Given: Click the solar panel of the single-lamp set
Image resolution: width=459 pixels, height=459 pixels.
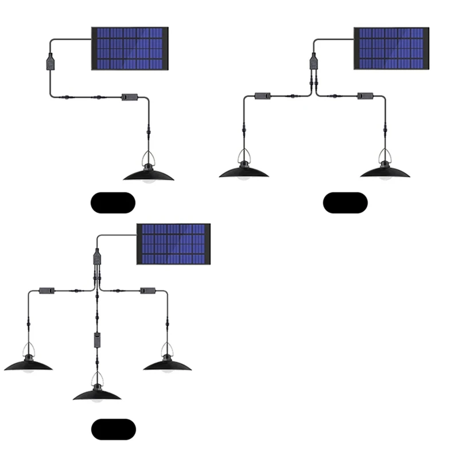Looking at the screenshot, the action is [x=130, y=49].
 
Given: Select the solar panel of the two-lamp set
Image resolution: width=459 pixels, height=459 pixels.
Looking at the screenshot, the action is [x=391, y=49].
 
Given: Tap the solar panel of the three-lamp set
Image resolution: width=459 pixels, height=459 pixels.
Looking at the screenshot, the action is [x=173, y=244].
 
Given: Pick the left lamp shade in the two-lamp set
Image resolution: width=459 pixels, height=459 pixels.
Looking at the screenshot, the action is [x=243, y=171].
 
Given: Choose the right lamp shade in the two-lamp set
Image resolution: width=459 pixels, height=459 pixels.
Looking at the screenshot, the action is [x=385, y=171].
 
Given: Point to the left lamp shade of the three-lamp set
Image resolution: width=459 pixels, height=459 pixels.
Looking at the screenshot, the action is [x=28, y=365].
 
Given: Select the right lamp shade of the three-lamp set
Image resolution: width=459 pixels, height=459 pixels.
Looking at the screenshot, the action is [x=166, y=365].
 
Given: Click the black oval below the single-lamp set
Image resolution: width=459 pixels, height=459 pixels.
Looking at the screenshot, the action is [x=113, y=203].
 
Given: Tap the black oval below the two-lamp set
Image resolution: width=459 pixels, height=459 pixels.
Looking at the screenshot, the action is [x=345, y=203].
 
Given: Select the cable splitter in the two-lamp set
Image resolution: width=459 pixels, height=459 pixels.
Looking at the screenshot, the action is [x=313, y=61].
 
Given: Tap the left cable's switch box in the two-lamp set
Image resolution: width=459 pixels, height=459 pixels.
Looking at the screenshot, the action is [x=263, y=96].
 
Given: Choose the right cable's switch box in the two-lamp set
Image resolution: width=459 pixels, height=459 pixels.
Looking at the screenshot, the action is [x=362, y=96].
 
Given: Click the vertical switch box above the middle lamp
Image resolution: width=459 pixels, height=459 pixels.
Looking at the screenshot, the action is [x=97, y=340].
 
